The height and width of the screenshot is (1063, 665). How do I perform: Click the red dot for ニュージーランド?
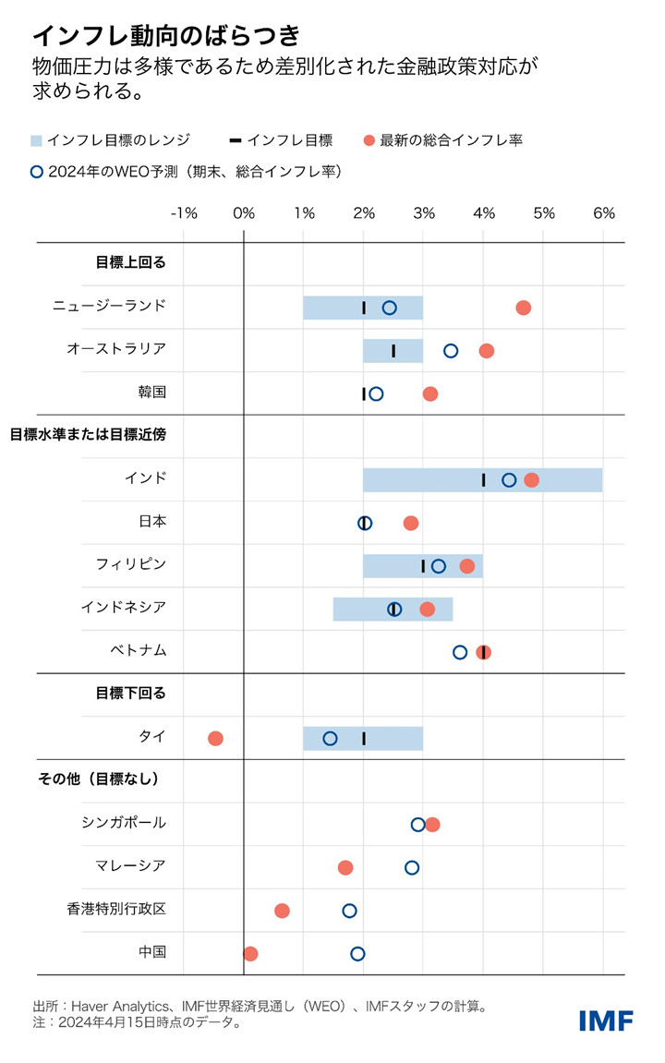(524, 308)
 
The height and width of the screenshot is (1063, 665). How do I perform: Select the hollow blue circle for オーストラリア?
(451, 351)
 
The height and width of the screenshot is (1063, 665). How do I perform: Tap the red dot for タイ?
(215, 738)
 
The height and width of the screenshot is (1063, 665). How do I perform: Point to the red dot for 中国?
(250, 953)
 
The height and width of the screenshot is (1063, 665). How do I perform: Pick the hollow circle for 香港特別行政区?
(349, 911)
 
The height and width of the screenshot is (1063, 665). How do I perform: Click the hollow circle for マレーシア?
(412, 867)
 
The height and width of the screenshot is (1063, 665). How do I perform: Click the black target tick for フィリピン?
(423, 566)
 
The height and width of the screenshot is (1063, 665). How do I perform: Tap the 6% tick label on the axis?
(603, 213)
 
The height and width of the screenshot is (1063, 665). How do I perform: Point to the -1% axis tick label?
(184, 213)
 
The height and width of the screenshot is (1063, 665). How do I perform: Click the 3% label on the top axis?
(423, 213)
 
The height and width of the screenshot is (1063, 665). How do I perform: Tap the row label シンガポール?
(124, 823)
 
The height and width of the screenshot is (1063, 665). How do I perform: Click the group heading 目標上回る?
(130, 262)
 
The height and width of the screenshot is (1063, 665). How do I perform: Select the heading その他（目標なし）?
(98, 779)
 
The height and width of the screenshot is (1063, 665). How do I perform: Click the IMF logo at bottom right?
(606, 1021)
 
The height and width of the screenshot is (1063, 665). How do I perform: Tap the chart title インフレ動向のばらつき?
(166, 35)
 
